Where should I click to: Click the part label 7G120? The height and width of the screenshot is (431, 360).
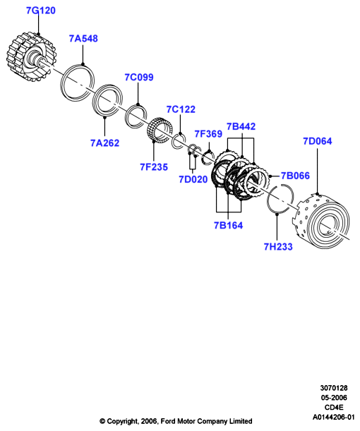click(41, 11)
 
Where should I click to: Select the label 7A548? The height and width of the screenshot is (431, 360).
click(83, 39)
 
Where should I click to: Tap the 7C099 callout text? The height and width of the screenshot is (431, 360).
click(139, 77)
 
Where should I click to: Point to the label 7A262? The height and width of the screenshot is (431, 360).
click(104, 143)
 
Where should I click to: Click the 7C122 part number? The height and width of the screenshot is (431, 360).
click(181, 109)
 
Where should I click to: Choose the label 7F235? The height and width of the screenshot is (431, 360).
click(154, 167)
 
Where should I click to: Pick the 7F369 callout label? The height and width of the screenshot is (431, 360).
click(208, 134)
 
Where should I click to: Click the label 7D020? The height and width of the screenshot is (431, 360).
click(193, 179)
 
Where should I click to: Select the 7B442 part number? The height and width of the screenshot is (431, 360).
click(241, 126)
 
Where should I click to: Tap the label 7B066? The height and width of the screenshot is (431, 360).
click(295, 176)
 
